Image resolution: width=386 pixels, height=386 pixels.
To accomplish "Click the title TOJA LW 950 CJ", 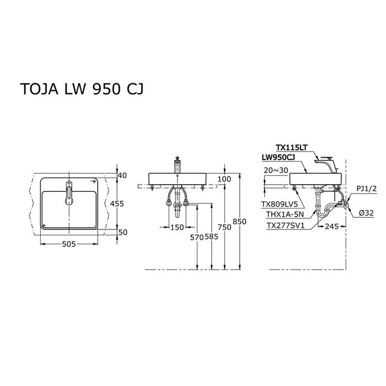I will (82, 89).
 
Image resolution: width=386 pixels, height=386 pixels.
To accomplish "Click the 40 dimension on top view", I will (122, 175).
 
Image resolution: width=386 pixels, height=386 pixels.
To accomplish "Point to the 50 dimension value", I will (122, 232).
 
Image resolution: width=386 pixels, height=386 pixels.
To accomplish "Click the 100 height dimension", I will (225, 179).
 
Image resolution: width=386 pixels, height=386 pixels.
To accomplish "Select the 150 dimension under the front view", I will (176, 227).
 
